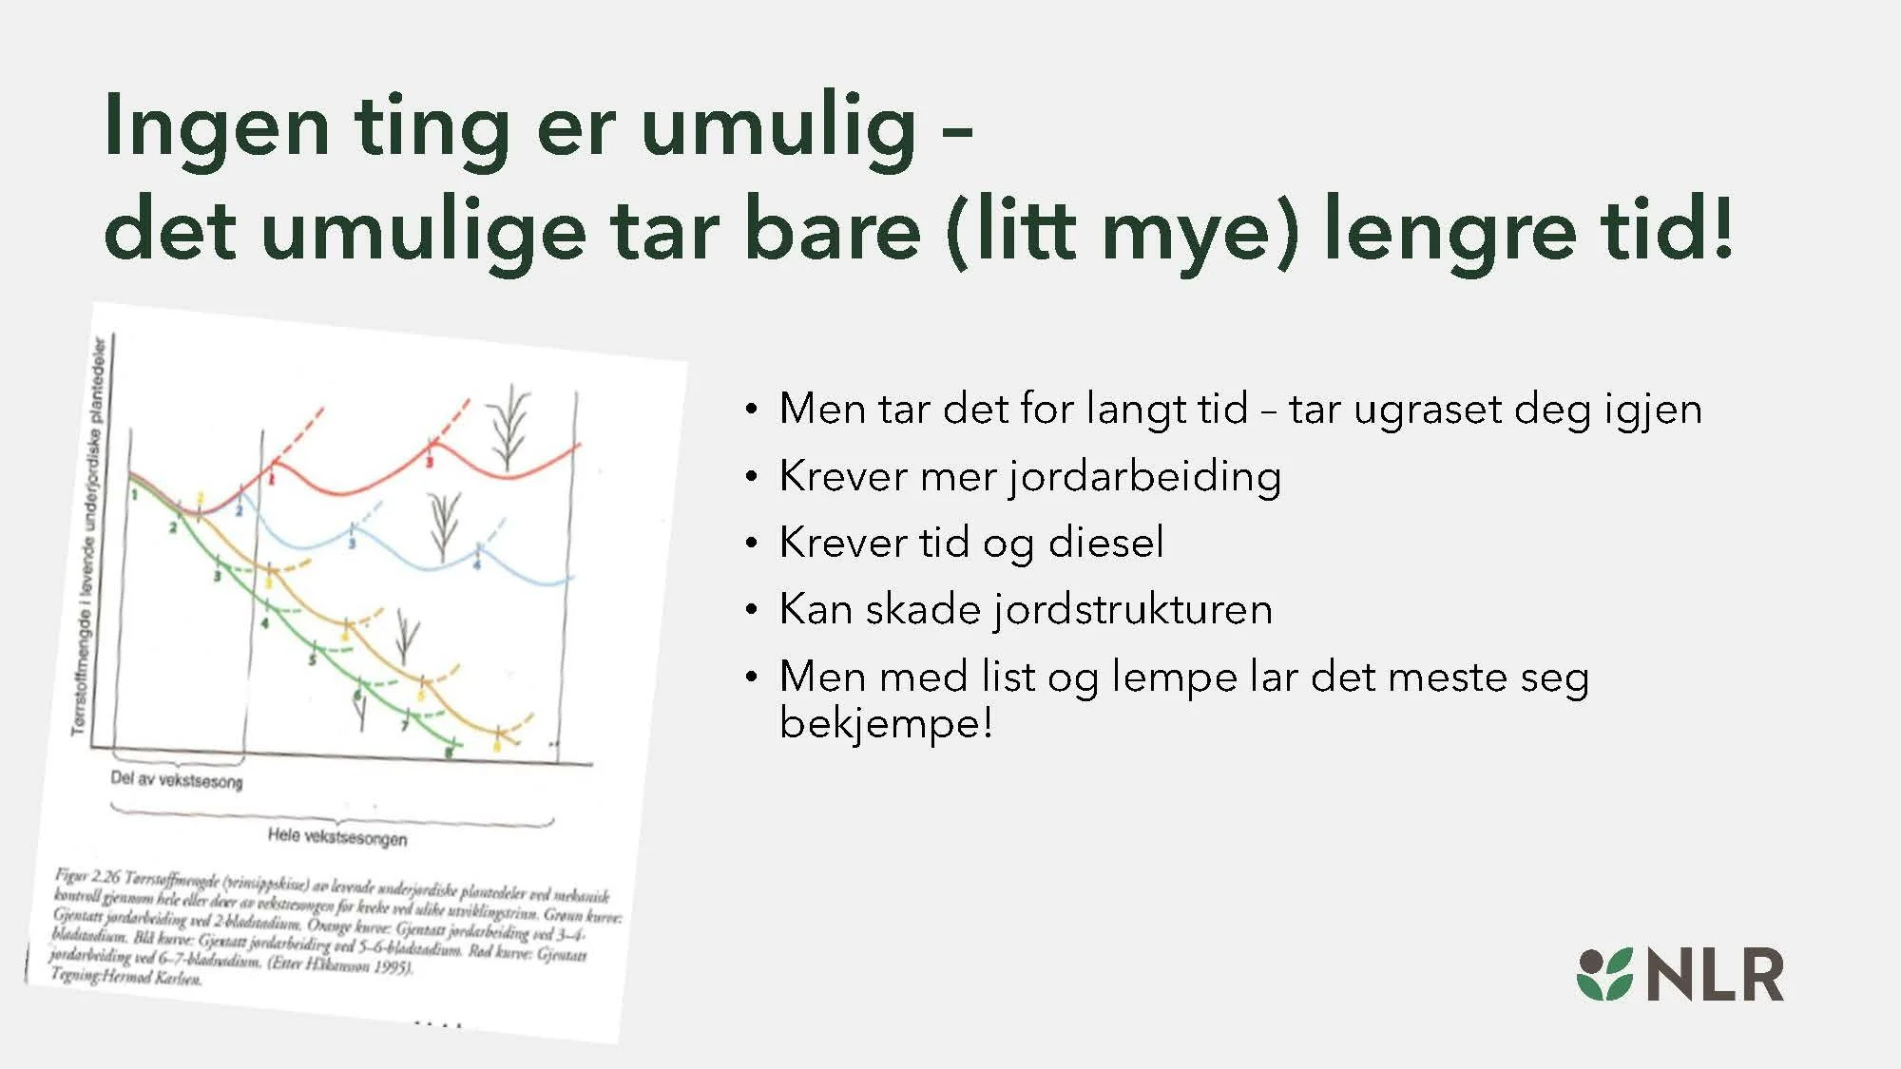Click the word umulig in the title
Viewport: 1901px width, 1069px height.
[779, 128]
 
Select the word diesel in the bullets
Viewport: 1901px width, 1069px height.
[1105, 543]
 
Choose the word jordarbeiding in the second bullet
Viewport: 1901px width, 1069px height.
[1144, 477]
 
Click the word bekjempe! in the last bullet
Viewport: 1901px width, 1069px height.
[886, 723]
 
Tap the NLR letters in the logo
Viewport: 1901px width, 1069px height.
[1715, 975]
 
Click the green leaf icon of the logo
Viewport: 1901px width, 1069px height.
[1604, 974]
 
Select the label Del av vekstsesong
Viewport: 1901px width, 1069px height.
[177, 780]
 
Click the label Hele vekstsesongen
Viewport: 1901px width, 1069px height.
[337, 837]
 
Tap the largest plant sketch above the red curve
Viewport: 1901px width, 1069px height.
[509, 428]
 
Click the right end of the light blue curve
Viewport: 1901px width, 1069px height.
[570, 578]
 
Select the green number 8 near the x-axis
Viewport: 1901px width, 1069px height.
[450, 753]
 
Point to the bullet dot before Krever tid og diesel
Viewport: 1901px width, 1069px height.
[752, 544]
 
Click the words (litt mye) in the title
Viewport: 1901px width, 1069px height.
[1123, 230]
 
